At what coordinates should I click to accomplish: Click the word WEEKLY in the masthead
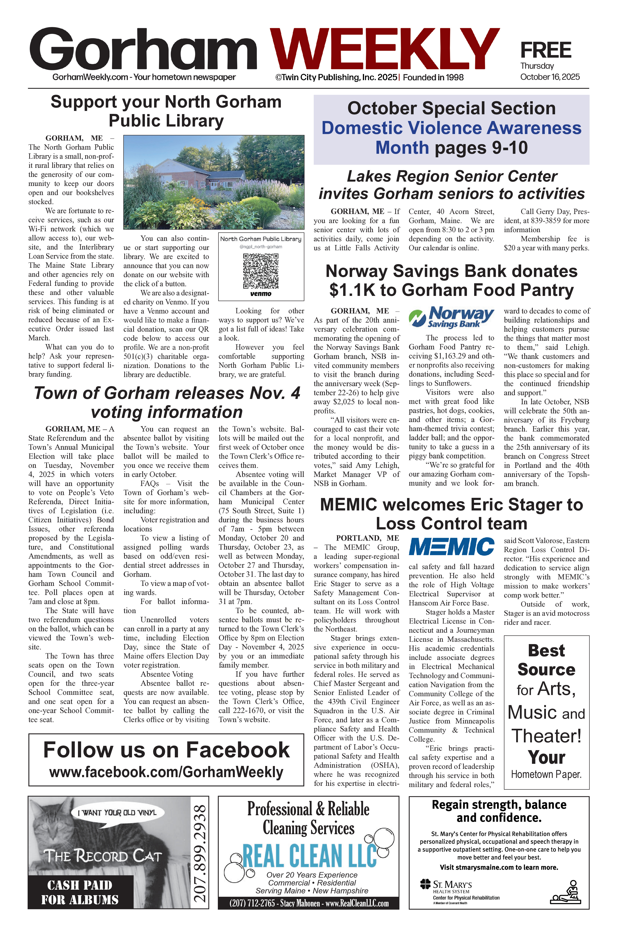[x=384, y=49]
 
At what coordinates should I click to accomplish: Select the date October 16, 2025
[x=550, y=77]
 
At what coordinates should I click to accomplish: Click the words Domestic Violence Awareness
[x=451, y=128]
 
